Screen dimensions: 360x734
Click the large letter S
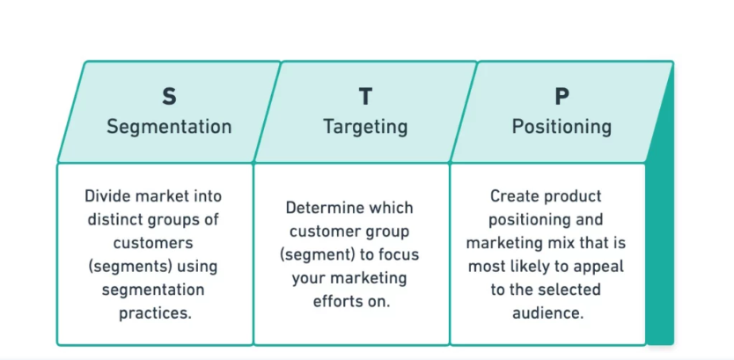(169, 96)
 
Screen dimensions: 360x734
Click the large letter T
(365, 96)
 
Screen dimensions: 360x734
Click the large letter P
(562, 96)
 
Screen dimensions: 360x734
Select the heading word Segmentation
(169, 127)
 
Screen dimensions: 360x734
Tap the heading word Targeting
(365, 127)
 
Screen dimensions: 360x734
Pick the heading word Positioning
(562, 127)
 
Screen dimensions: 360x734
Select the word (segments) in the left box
(128, 266)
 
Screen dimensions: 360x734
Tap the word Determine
(322, 209)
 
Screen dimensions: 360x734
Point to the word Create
(514, 196)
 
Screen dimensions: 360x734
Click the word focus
(399, 255)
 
